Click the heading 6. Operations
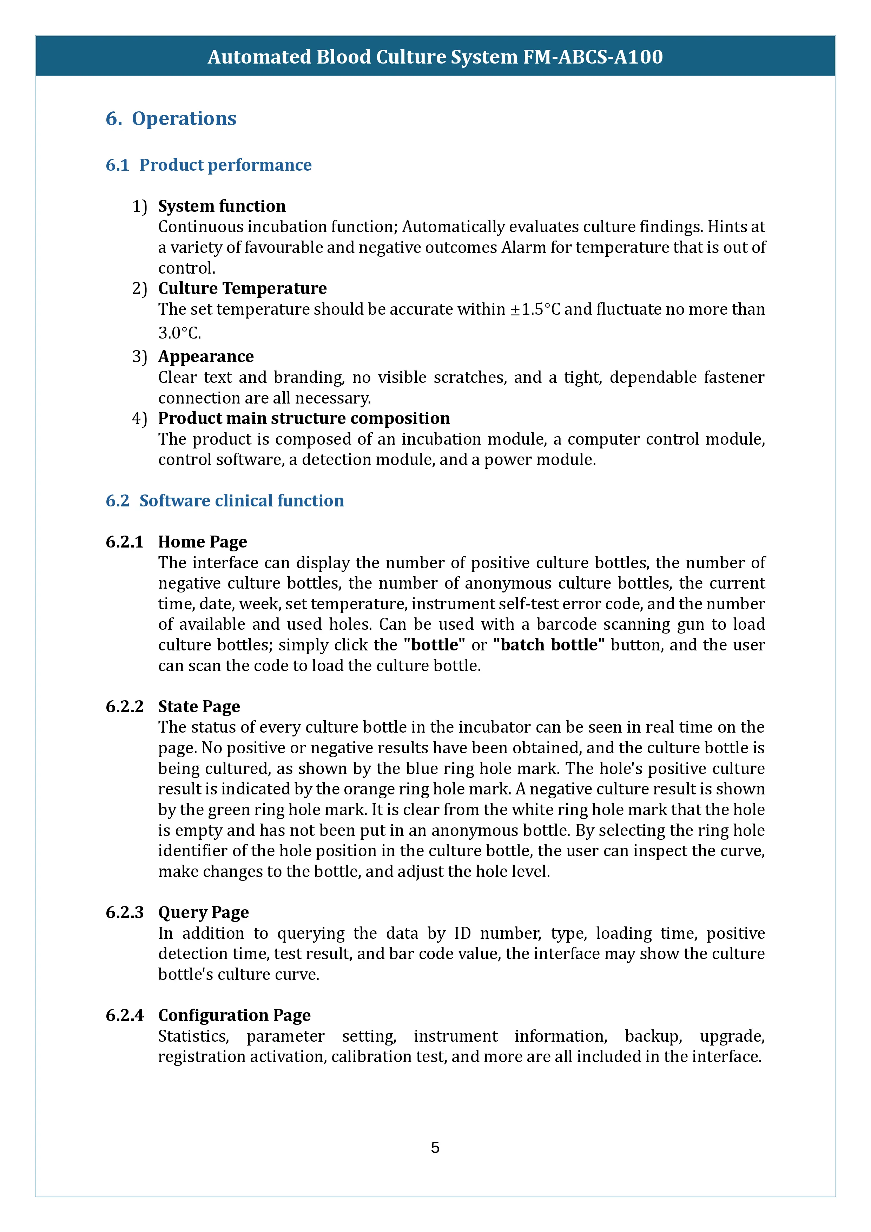171,119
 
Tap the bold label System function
222,206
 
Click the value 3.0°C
179,333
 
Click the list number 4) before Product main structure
139,419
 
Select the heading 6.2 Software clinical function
225,501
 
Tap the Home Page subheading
202,542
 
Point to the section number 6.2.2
124,707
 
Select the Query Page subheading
203,913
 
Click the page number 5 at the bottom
435,1148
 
